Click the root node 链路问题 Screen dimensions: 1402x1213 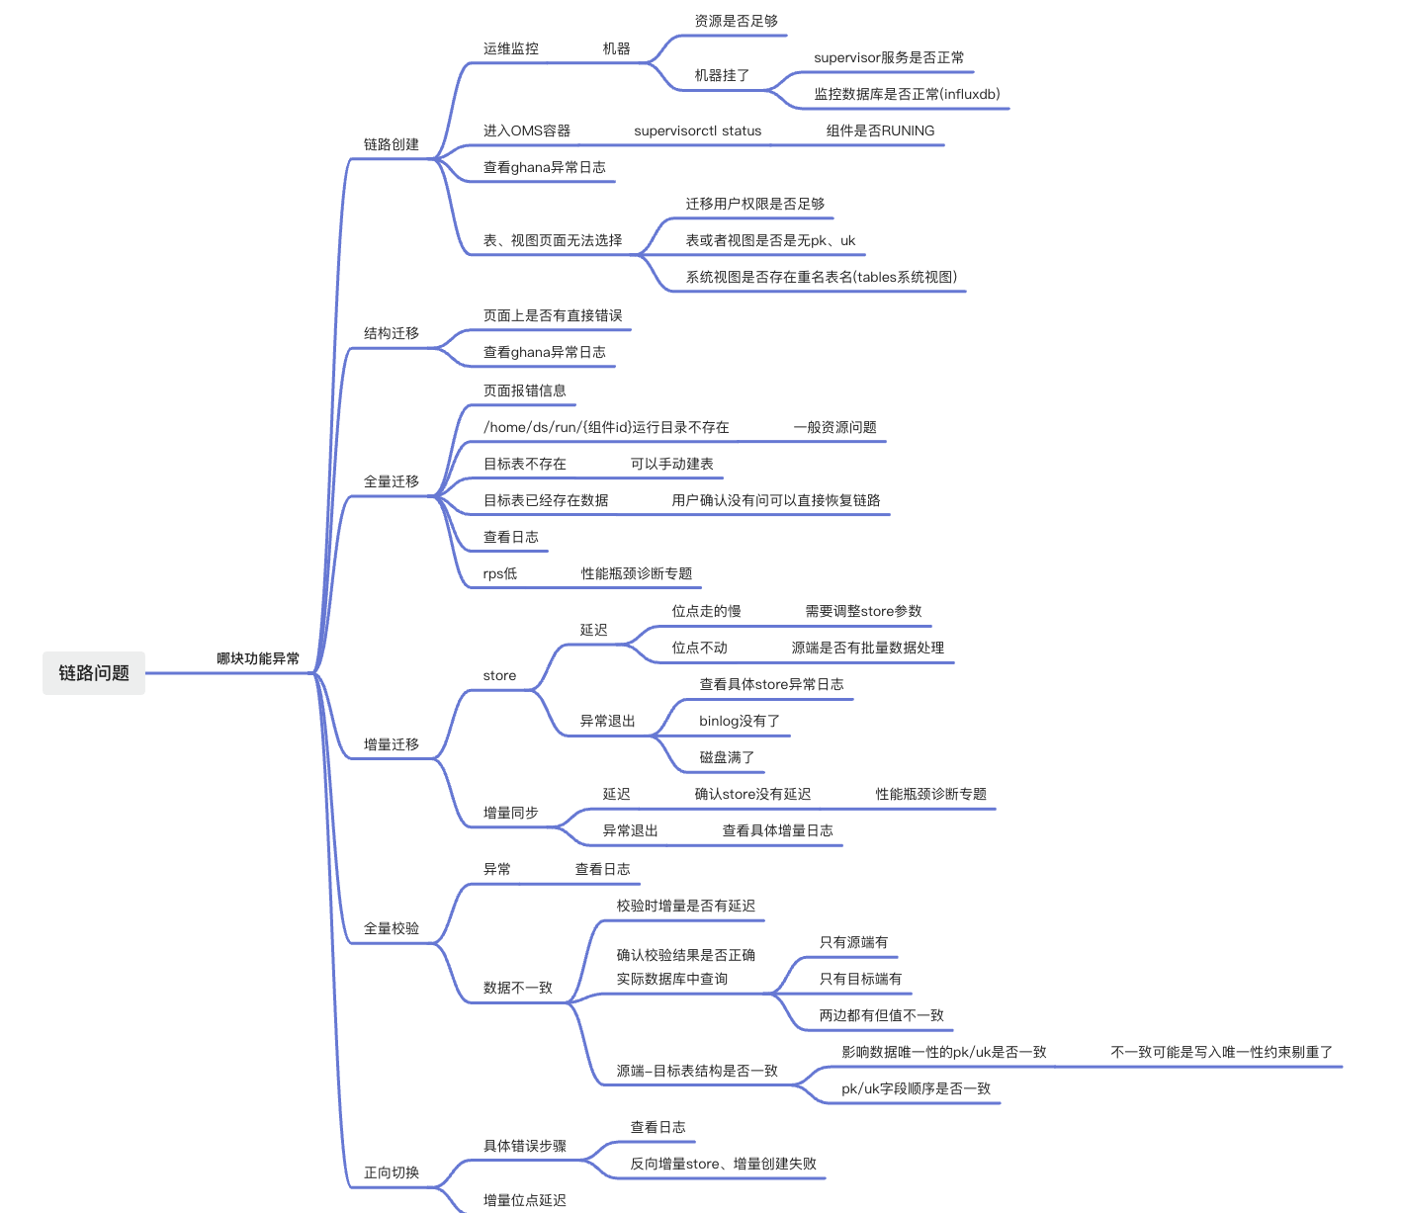click(x=94, y=672)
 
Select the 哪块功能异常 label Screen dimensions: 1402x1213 click(x=258, y=658)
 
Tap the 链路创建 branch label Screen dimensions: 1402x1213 click(x=392, y=144)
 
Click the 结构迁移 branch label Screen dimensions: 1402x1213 click(x=392, y=333)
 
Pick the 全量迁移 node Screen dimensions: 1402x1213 click(x=392, y=481)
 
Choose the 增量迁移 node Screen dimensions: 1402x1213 click(x=392, y=744)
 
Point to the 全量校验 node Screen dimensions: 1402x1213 click(x=392, y=928)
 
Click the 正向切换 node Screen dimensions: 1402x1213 click(x=392, y=1172)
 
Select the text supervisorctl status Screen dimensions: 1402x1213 click(x=697, y=130)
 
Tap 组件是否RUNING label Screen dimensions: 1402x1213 click(x=880, y=130)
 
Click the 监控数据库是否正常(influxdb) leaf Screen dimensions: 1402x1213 click(x=907, y=94)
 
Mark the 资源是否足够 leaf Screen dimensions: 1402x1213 click(x=736, y=21)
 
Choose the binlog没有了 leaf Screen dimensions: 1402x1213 click(x=740, y=721)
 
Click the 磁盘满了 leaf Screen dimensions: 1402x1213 click(x=727, y=757)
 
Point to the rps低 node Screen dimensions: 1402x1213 click(x=500, y=573)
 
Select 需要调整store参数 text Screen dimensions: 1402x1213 click(x=863, y=611)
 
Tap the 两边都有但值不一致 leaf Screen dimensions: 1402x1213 click(x=881, y=1015)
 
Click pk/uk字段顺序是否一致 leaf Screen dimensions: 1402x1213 click(x=916, y=1088)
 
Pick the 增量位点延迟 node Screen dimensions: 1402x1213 click(x=524, y=1200)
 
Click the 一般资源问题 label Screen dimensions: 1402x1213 click(x=834, y=427)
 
